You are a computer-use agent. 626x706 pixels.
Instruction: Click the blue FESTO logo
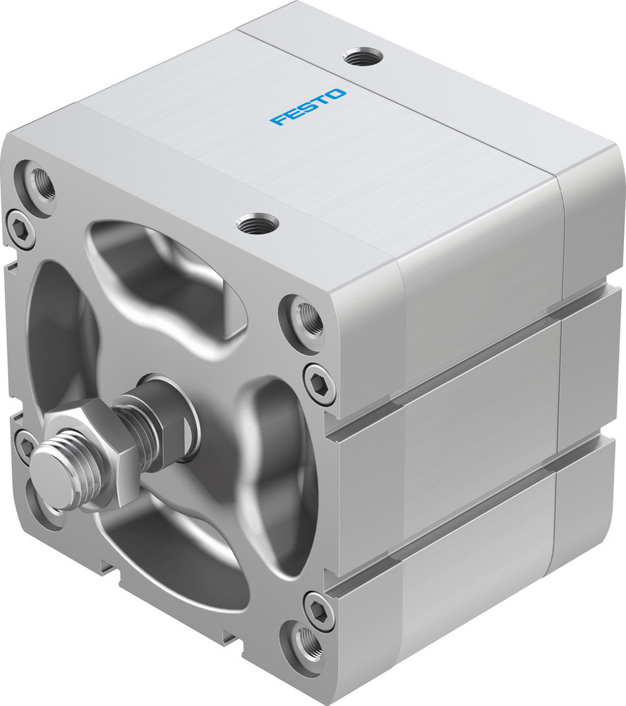[x=308, y=107]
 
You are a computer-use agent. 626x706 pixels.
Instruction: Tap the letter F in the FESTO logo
[x=277, y=120]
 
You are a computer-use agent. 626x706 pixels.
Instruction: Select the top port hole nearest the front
[x=257, y=225]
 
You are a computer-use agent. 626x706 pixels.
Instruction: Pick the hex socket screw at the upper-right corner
[x=319, y=384]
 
